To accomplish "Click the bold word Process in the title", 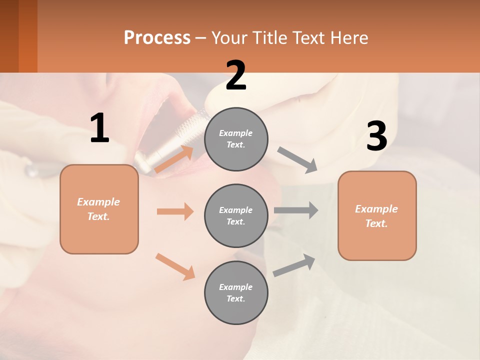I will pyautogui.click(x=157, y=37).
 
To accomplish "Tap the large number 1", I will pyautogui.click(x=99, y=128).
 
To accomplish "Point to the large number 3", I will pyautogui.click(x=376, y=136).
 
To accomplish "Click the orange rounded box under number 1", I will pyautogui.click(x=99, y=209).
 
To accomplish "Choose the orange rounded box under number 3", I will pyautogui.click(x=377, y=216).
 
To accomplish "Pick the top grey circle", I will pyautogui.click(x=236, y=139).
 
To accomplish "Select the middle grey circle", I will pyautogui.click(x=236, y=215).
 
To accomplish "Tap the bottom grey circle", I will pyautogui.click(x=236, y=292).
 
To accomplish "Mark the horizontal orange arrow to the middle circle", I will pyautogui.click(x=175, y=211).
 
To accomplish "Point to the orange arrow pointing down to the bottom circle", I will pyautogui.click(x=175, y=266).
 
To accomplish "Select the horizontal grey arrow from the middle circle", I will pyautogui.click(x=296, y=210).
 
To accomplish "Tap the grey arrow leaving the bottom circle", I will pyautogui.click(x=294, y=265).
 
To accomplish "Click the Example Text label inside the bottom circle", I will pyautogui.click(x=236, y=292).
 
